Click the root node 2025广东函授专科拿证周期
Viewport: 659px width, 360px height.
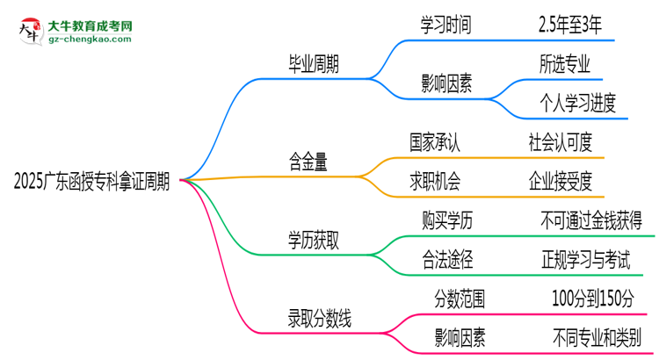[x=92, y=182]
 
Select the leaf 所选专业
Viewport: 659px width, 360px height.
[x=565, y=65]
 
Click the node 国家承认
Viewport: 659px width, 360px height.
[x=434, y=140]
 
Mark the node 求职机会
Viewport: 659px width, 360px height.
[x=434, y=181]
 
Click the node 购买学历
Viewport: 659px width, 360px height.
[x=447, y=220]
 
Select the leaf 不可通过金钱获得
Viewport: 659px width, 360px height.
[x=591, y=220]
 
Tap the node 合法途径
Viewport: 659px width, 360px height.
[x=447, y=259]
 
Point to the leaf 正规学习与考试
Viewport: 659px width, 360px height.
[x=585, y=259]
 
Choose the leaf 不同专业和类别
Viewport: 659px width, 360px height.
[x=597, y=335]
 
